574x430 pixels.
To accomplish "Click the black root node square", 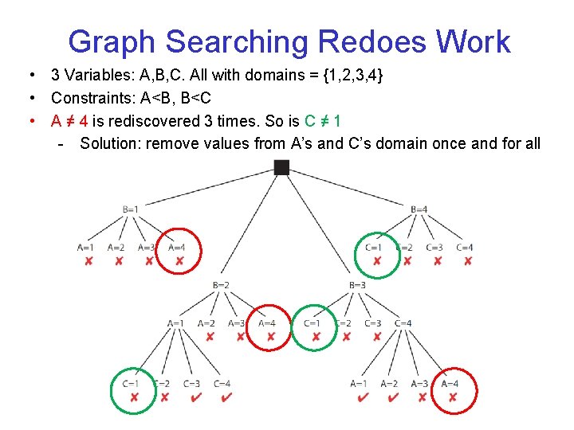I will [x=281, y=167].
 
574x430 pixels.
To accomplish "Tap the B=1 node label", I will [x=131, y=209].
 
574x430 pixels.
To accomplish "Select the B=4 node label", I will [x=419, y=209].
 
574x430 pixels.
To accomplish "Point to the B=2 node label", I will [x=222, y=285].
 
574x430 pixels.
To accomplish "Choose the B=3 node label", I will [x=357, y=285].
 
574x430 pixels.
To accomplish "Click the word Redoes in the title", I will [x=364, y=41].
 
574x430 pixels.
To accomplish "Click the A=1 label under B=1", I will [x=85, y=248].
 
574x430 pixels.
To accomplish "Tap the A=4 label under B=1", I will [x=177, y=248].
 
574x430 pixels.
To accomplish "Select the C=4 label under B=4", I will [x=465, y=248].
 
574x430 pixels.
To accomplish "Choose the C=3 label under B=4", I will [x=434, y=248].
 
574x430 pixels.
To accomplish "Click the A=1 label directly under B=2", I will [x=176, y=323].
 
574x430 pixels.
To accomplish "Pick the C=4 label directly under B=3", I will [x=403, y=323].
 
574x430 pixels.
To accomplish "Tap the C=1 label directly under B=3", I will [x=312, y=323].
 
